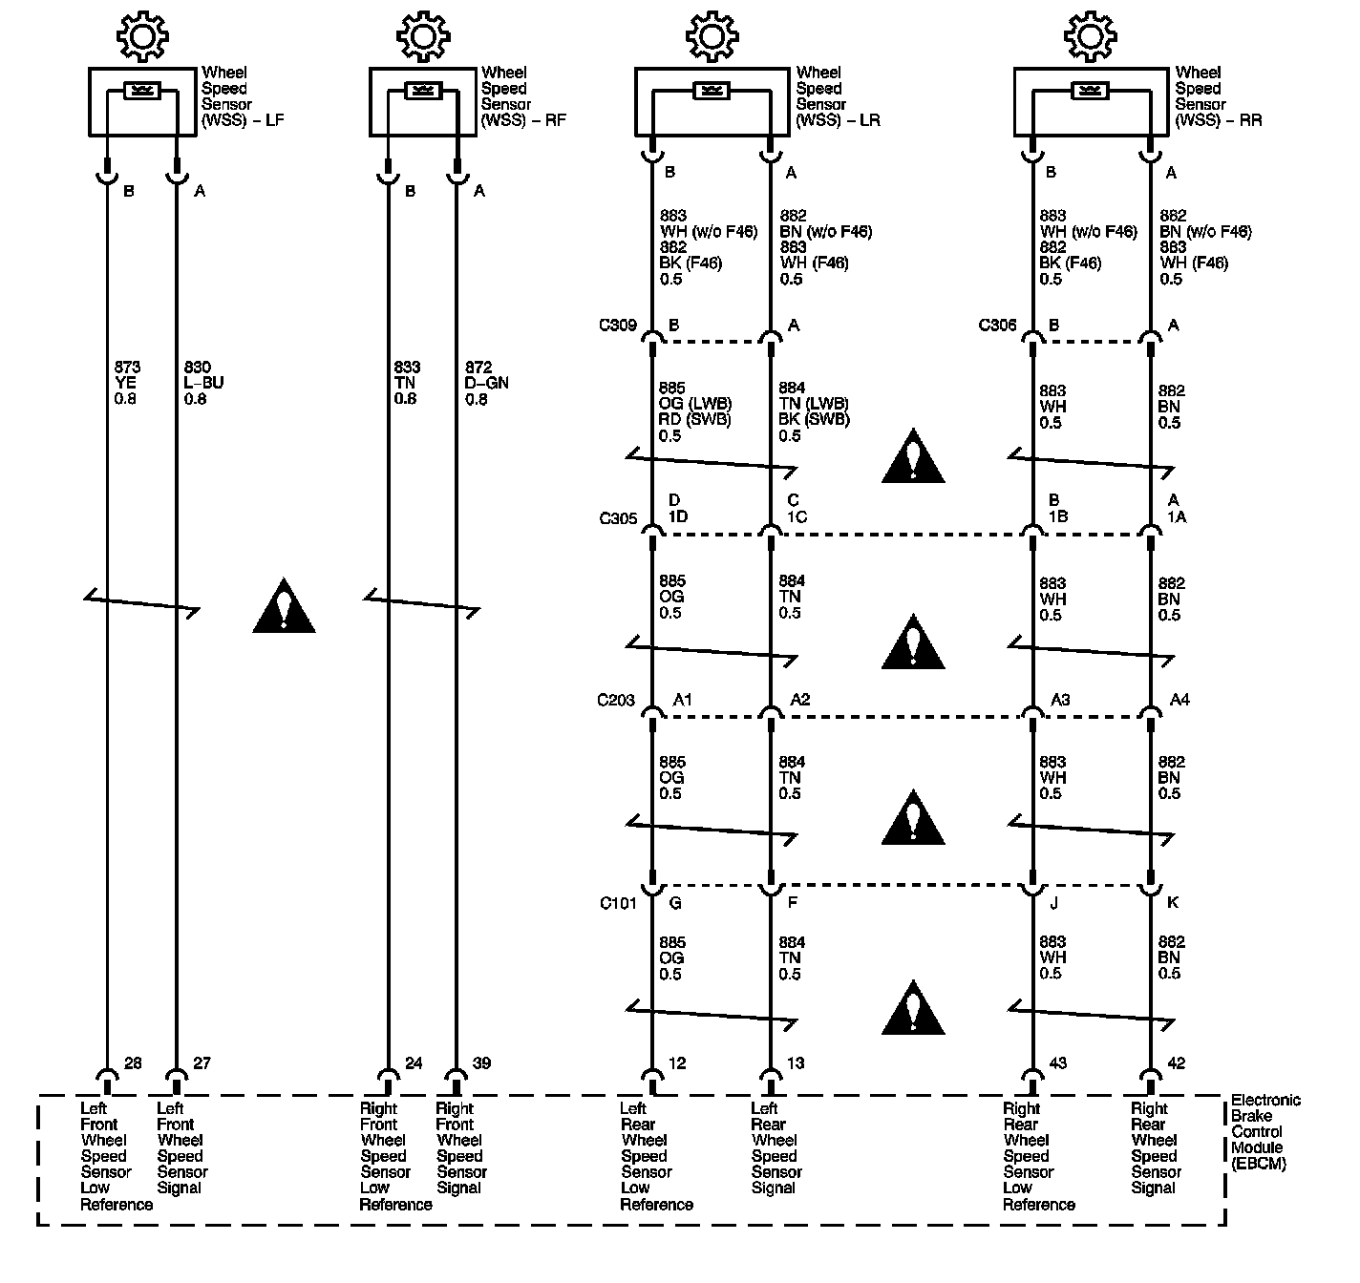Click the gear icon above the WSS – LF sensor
(142, 37)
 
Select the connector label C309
(617, 326)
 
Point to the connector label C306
(997, 326)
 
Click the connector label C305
(617, 519)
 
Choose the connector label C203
(616, 701)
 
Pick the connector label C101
(618, 903)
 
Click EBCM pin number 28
(133, 1063)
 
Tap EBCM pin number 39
(481, 1063)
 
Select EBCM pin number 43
(1058, 1063)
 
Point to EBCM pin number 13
(796, 1063)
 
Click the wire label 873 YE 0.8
(127, 383)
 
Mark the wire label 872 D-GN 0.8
(486, 383)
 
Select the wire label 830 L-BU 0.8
(203, 383)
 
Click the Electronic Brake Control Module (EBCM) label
(1264, 1132)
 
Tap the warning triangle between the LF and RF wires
(284, 607)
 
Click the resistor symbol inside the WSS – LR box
(710, 91)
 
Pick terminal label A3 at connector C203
(1060, 701)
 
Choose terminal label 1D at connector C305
(678, 517)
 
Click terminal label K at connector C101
(1174, 903)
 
